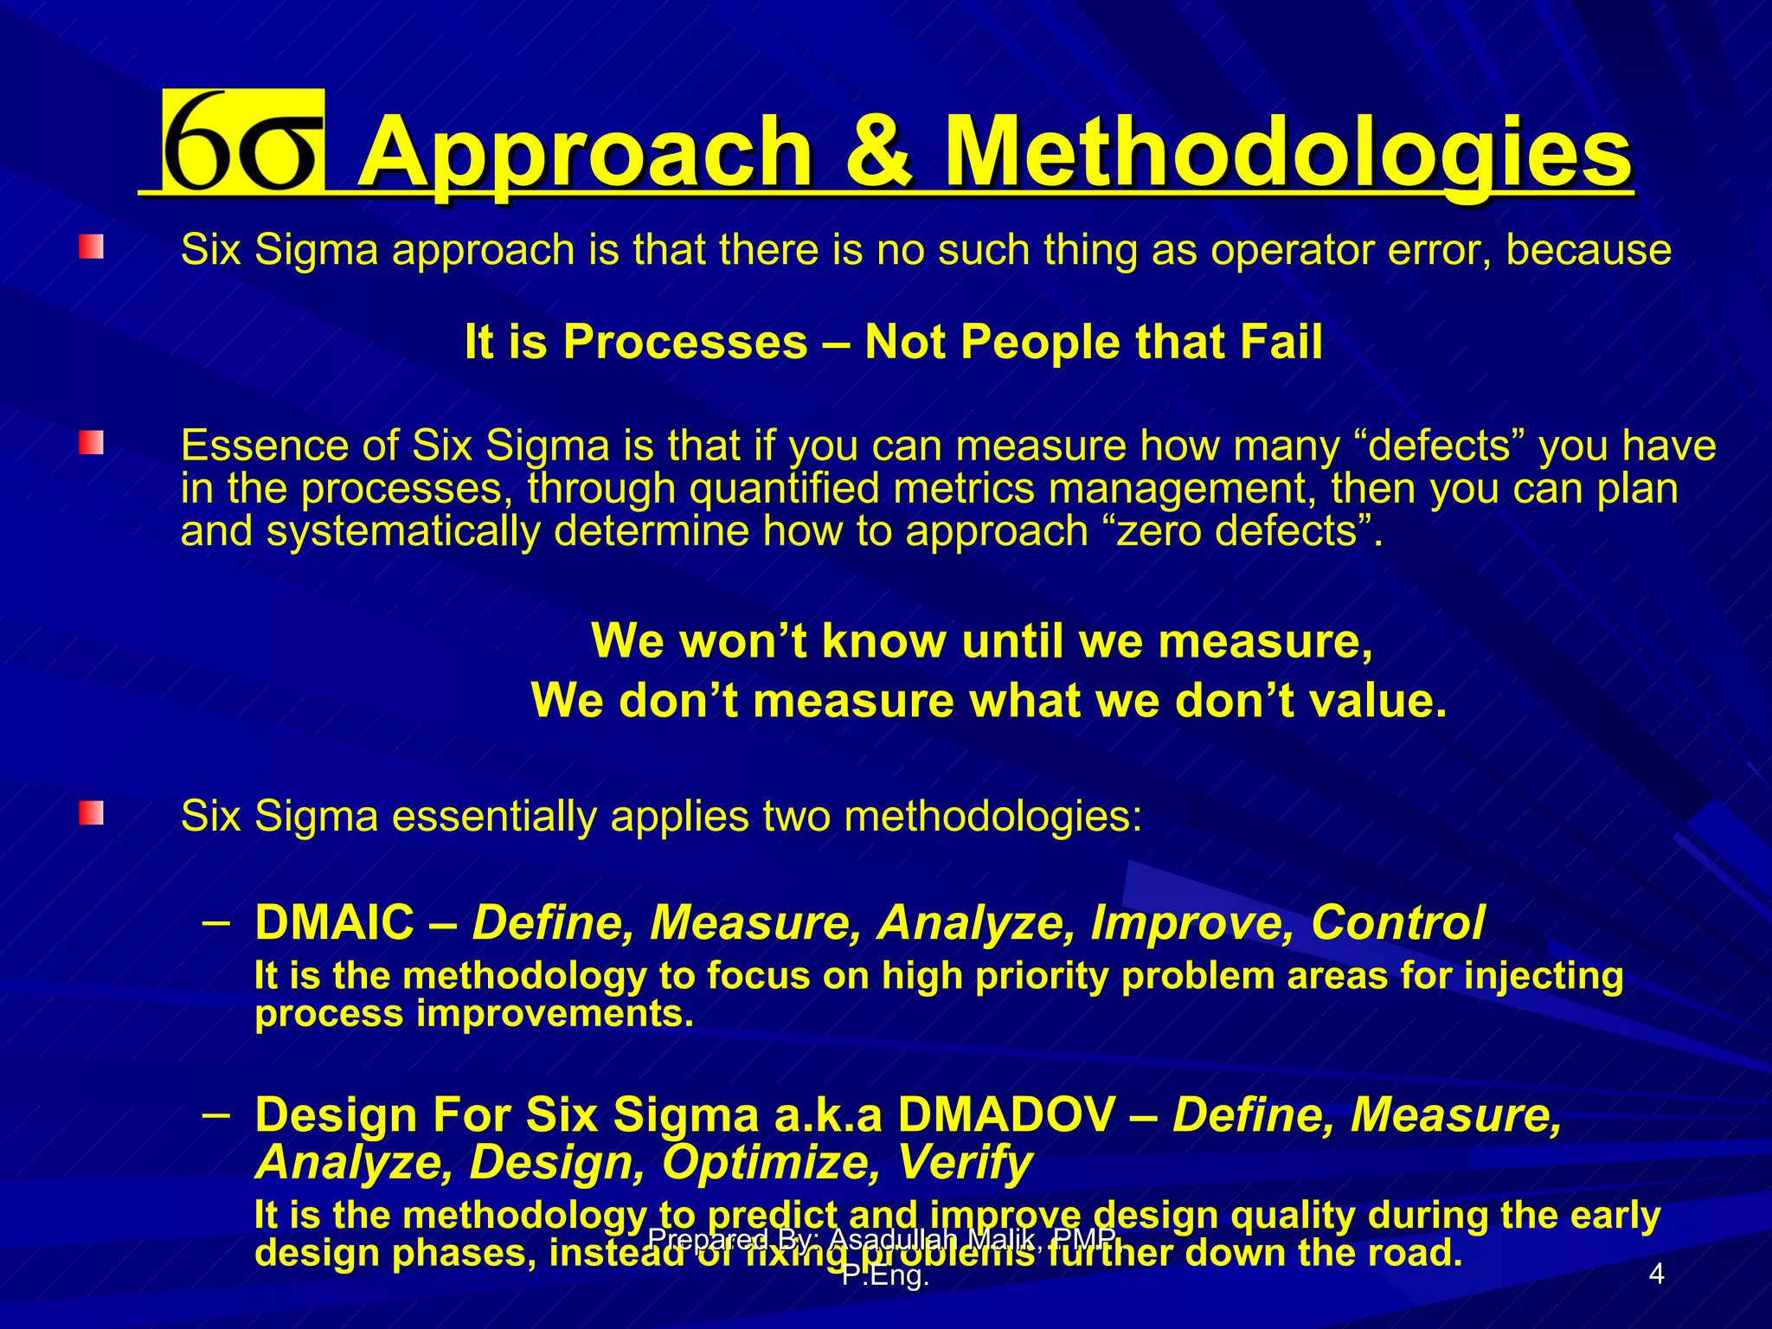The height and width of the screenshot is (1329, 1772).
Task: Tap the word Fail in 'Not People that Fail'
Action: click(1281, 342)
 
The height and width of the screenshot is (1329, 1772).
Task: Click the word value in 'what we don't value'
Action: click(1377, 700)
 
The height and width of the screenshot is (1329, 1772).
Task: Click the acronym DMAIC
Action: click(335, 922)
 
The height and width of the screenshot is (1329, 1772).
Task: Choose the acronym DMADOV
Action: click(1006, 1115)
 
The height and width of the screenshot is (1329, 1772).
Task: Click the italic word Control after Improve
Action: click(1397, 922)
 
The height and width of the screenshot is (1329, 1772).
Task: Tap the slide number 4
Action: click(1656, 1274)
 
